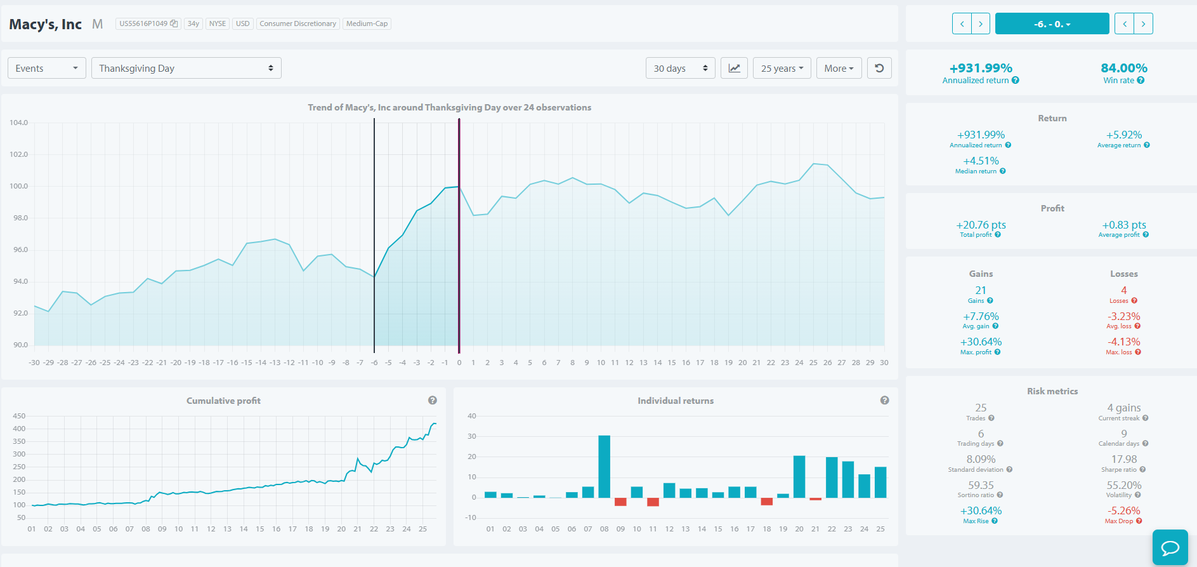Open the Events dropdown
coord(46,68)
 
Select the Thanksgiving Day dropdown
coord(186,68)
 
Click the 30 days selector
coord(680,68)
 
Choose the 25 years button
coord(782,68)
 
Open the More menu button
coord(839,68)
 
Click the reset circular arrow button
coord(879,68)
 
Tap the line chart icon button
coord(734,68)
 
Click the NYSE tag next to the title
coord(218,23)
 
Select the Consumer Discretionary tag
coord(298,23)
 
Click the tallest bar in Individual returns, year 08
coord(604,466)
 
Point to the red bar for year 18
coord(767,502)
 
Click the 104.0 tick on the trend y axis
coord(19,123)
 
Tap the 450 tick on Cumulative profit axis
coord(19,416)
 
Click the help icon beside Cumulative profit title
coord(433,400)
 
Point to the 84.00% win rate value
coord(1124,68)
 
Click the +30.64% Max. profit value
coord(981,342)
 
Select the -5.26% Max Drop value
coord(1124,510)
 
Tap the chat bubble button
coord(1170,547)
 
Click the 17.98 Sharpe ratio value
coord(1124,459)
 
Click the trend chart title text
coord(450,107)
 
